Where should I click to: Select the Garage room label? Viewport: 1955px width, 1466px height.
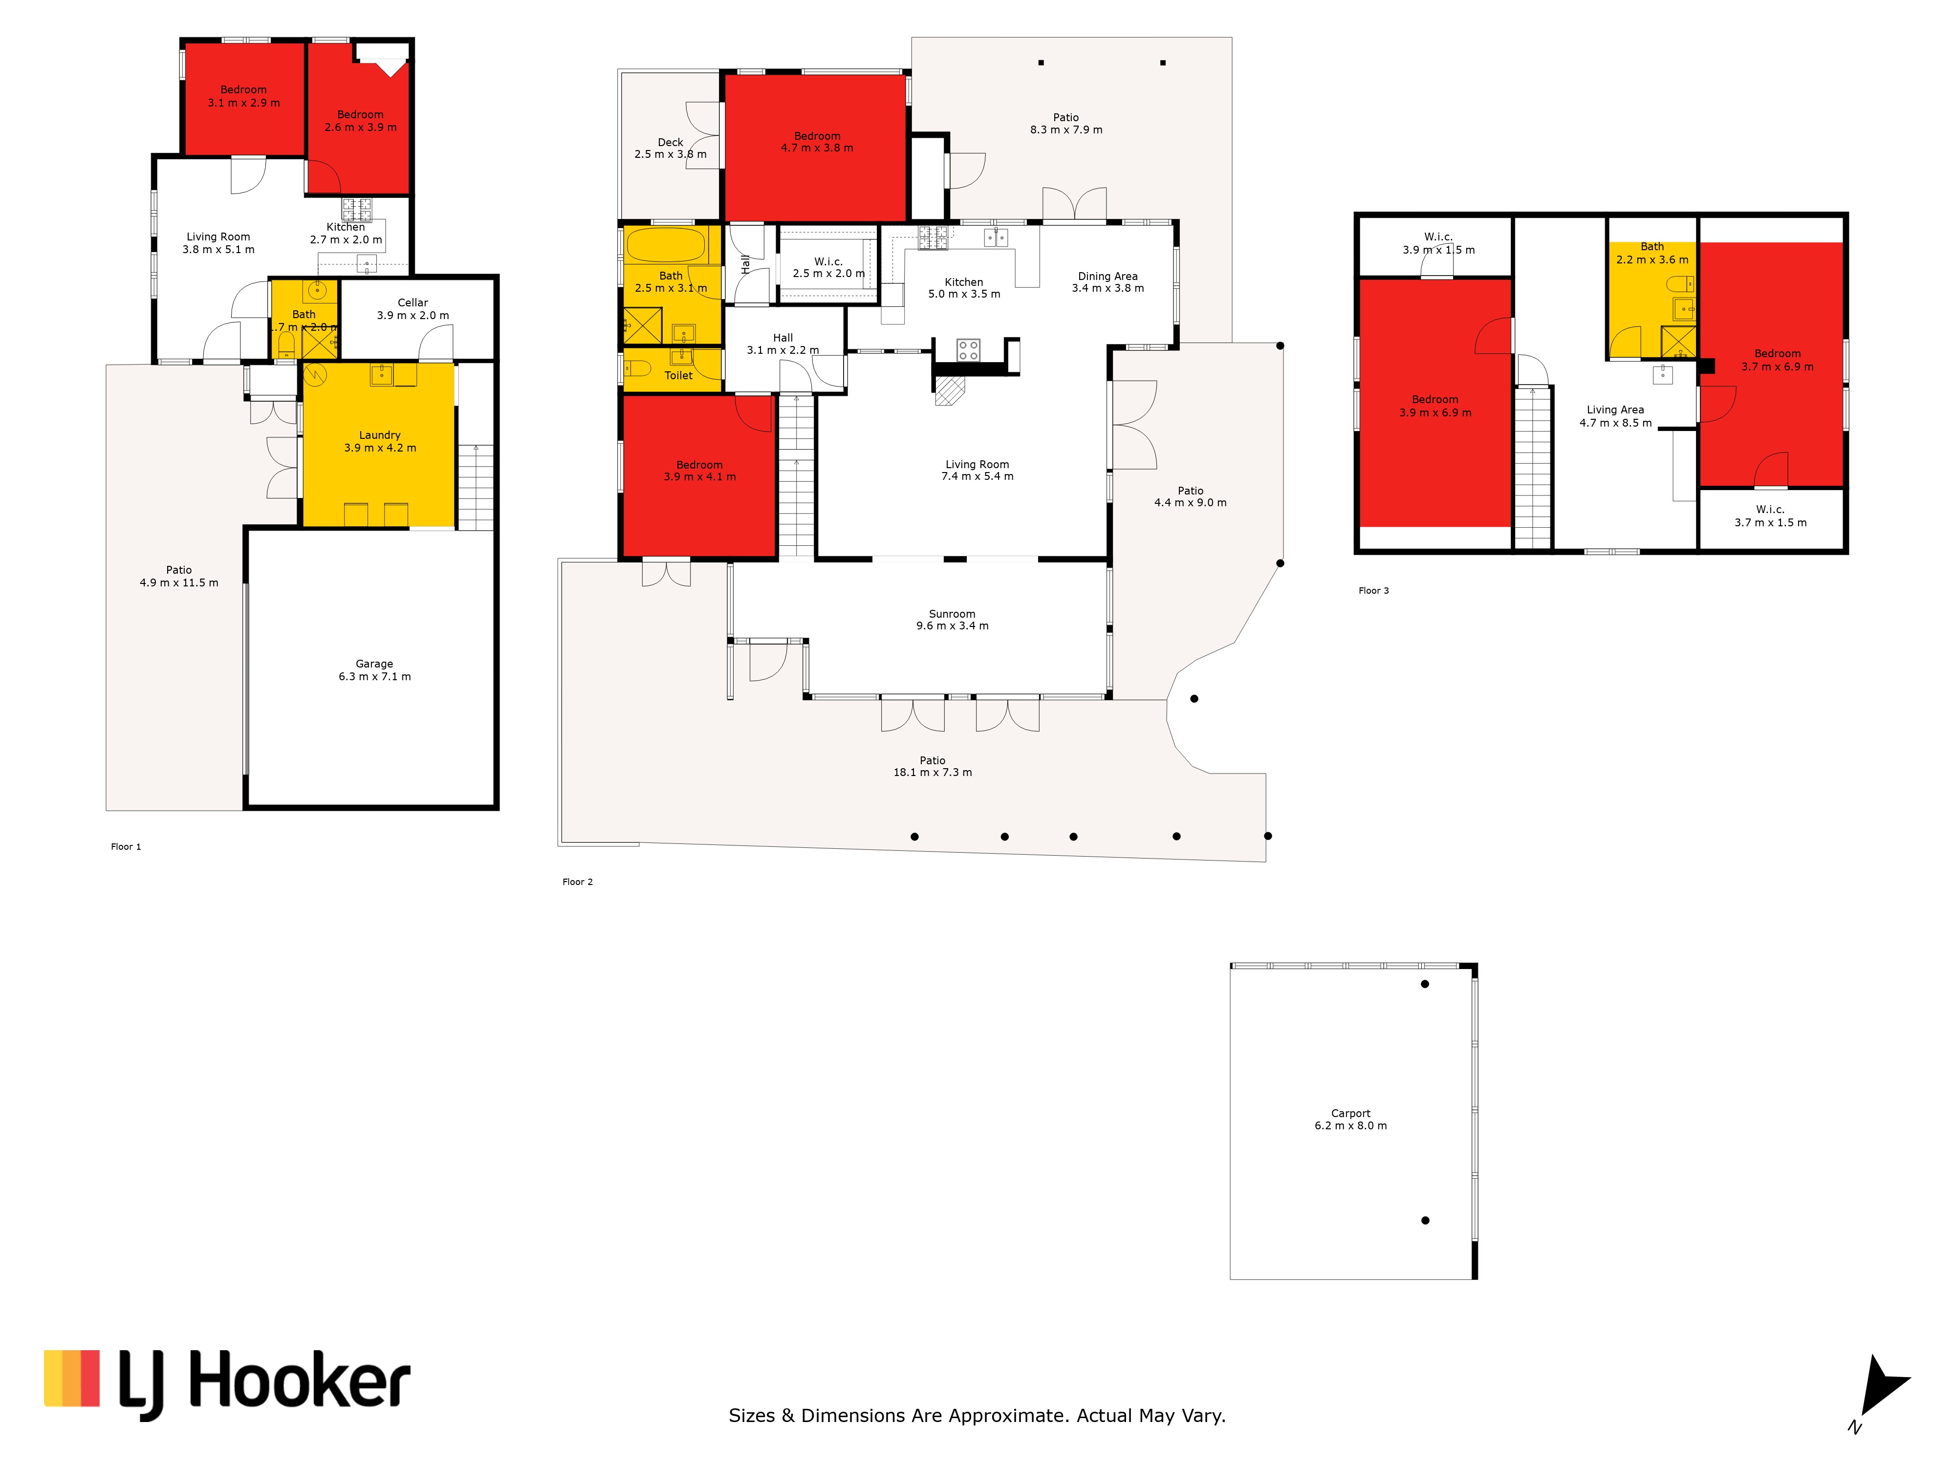pyautogui.click(x=375, y=664)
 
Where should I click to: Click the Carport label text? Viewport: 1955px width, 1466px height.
pyautogui.click(x=1350, y=1113)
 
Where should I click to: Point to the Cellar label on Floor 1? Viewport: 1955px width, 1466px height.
pyautogui.click(x=413, y=302)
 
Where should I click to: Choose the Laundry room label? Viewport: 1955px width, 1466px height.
pyautogui.click(x=380, y=435)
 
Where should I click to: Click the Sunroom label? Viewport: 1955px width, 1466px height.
pyautogui.click(x=952, y=613)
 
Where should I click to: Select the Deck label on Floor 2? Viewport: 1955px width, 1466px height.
pyautogui.click(x=671, y=142)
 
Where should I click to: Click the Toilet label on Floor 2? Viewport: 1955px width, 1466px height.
pyautogui.click(x=679, y=376)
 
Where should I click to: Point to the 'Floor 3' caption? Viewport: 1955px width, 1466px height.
pyautogui.click(x=1373, y=590)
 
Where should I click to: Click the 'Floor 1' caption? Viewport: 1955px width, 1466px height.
pyautogui.click(x=126, y=846)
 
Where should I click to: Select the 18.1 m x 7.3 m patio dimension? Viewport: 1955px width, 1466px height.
pyautogui.click(x=933, y=772)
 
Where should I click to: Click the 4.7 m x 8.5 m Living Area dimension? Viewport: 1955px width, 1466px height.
pyautogui.click(x=1616, y=422)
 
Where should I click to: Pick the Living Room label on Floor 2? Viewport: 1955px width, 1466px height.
pyautogui.click(x=977, y=464)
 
